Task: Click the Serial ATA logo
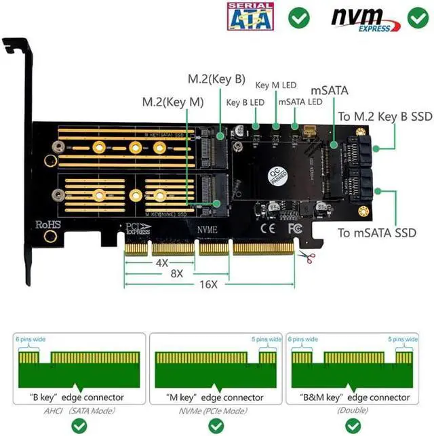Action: point(250,17)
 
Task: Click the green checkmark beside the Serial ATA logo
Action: point(298,17)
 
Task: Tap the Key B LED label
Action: point(245,103)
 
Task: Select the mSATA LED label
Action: point(300,102)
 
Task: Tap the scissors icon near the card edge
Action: point(307,256)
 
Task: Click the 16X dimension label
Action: point(209,283)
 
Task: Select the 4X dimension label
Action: point(161,262)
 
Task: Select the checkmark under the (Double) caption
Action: point(352,426)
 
